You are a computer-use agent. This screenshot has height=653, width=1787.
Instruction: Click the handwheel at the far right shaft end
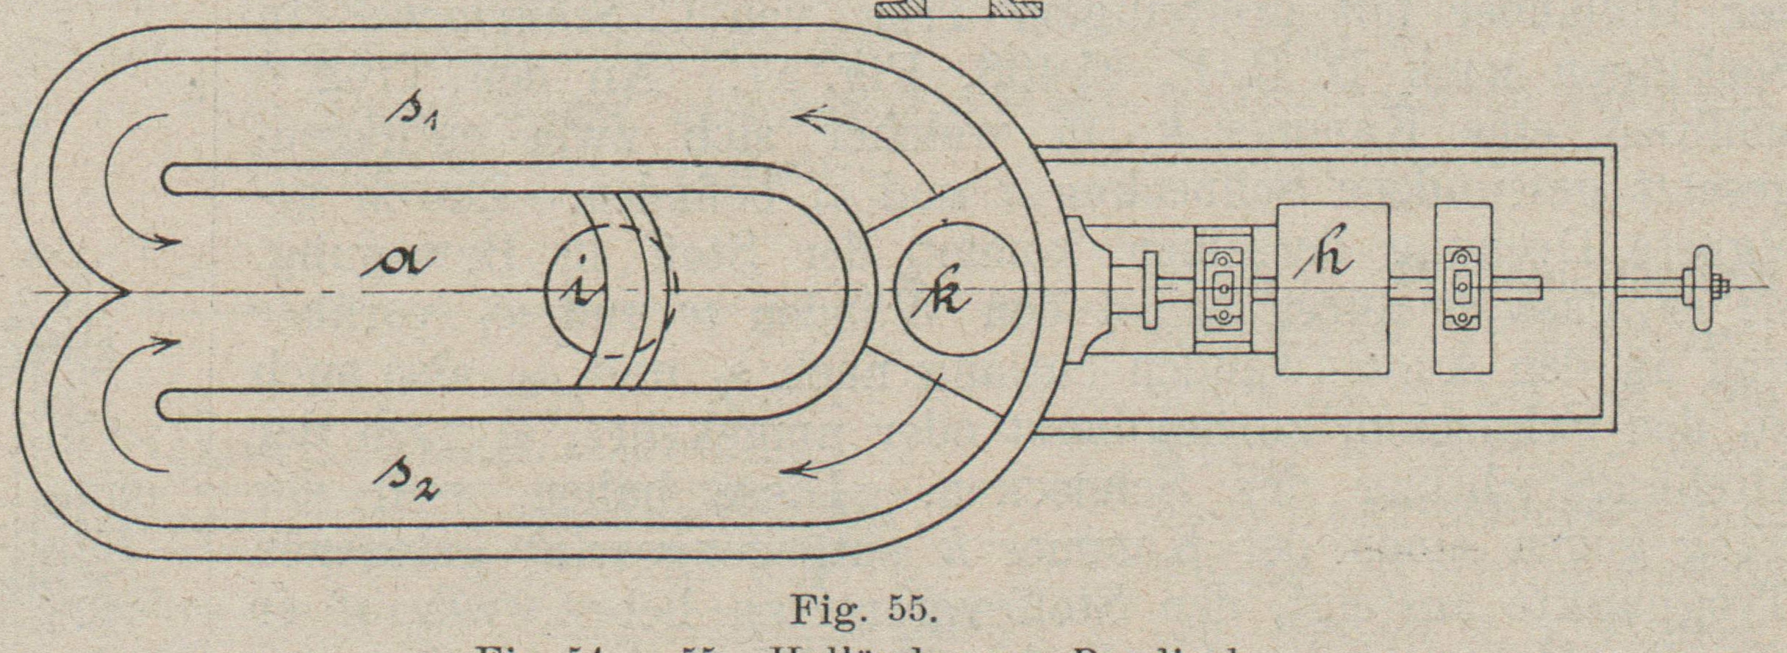(1702, 288)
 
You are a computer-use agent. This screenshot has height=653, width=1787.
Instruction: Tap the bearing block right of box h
(1463, 288)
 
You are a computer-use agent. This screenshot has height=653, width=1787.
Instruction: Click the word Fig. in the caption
(827, 610)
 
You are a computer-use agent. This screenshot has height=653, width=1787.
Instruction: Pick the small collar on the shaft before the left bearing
(1150, 290)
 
